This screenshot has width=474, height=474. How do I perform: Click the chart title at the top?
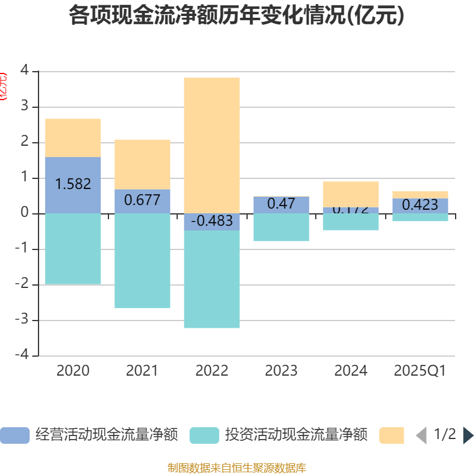tap(236, 15)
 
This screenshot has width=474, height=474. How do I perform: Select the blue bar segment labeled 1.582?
tap(73, 172)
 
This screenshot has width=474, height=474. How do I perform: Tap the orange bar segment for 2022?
tap(212, 145)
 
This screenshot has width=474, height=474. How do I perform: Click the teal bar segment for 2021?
tap(142, 261)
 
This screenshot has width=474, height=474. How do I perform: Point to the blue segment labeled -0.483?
tap(212, 222)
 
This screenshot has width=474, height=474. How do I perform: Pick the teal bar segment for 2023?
tap(281, 227)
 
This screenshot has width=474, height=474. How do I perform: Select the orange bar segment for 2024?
tap(351, 194)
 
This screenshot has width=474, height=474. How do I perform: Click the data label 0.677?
tap(142, 200)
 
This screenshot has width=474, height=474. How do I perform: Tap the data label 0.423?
tap(420, 205)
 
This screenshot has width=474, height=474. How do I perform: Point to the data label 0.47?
tap(281, 204)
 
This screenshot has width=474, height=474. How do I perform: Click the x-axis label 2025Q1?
tap(420, 371)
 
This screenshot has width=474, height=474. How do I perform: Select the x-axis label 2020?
tap(73, 371)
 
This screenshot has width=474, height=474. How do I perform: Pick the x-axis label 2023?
tap(281, 371)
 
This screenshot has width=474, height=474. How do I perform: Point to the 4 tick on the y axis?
tap(24, 71)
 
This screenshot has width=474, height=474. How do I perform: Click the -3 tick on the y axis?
tap(22, 321)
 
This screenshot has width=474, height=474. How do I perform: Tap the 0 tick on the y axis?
tap(24, 213)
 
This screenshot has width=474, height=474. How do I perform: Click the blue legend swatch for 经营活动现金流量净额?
tap(14, 435)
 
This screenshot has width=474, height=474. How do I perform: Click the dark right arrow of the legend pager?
tap(467, 435)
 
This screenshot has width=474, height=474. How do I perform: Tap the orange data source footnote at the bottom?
tap(236, 468)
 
